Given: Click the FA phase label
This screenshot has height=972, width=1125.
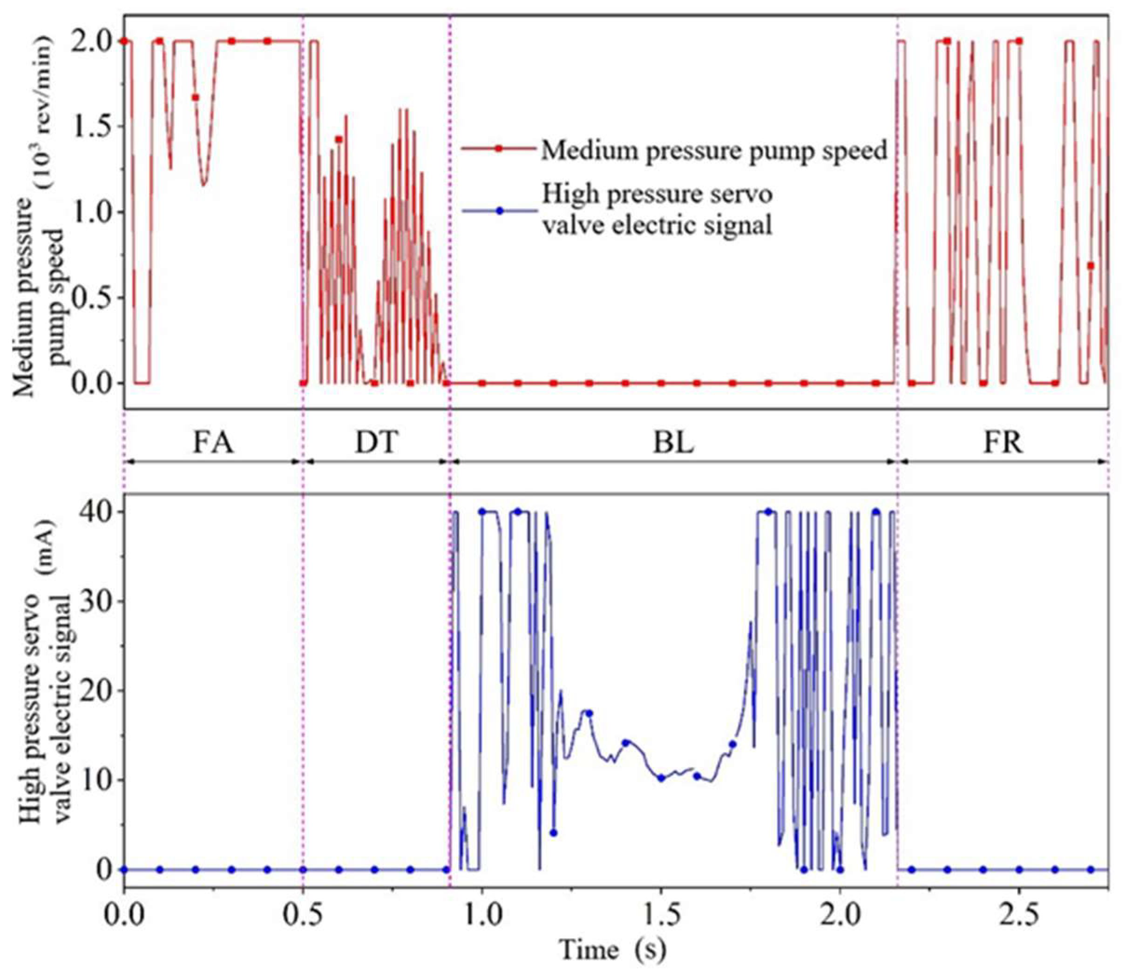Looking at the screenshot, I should pos(213,443).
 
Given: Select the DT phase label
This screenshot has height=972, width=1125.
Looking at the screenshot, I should pos(376,443).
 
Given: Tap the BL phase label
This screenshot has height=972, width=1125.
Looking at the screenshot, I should pos(673,443).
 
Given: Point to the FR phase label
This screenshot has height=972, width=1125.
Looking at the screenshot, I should pos(1003,443).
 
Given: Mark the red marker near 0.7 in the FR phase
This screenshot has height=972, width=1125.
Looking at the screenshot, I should pos(1090,265).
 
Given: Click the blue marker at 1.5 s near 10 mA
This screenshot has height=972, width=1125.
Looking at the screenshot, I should pos(661,778).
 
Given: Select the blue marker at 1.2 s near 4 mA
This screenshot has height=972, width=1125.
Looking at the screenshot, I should pos(553,832).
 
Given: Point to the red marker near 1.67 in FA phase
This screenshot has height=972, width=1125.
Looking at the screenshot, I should pos(196,97).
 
